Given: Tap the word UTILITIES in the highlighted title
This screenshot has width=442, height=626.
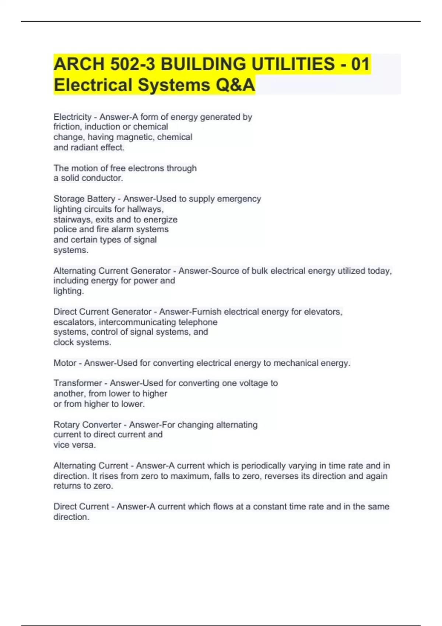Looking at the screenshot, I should [293, 64].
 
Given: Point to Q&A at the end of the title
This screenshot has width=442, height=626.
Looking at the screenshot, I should [235, 85].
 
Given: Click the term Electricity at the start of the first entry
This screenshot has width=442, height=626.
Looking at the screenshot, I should [73, 117].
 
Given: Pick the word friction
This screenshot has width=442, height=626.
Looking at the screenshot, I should [67, 127].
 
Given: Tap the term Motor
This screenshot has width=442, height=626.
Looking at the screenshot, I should [65, 363].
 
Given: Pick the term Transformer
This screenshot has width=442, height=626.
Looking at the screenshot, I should [77, 383].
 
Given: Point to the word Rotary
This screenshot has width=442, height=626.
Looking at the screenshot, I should [66, 425].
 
